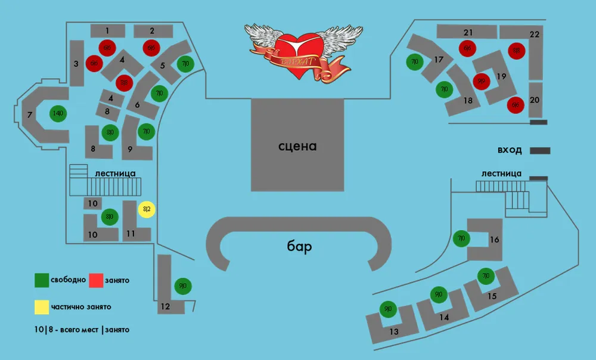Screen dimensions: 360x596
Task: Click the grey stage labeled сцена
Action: pyautogui.click(x=297, y=145)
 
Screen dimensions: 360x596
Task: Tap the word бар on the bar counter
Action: pyautogui.click(x=299, y=247)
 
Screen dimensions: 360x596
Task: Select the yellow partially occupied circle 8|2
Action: pyautogui.click(x=147, y=209)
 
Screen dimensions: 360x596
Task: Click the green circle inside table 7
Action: pyautogui.click(x=58, y=113)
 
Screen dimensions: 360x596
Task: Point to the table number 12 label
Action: pyautogui.click(x=165, y=307)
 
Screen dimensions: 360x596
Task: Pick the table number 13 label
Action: pyautogui.click(x=394, y=331)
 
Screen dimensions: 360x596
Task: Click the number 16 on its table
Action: pyautogui.click(x=494, y=240)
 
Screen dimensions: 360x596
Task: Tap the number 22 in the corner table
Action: pyautogui.click(x=534, y=34)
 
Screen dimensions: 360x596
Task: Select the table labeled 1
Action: pyautogui.click(x=107, y=30)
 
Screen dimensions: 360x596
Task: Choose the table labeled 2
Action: pyautogui.click(x=153, y=30)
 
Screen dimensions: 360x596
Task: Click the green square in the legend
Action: pyautogui.click(x=42, y=280)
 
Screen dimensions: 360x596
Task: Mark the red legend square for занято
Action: pyautogui.click(x=96, y=280)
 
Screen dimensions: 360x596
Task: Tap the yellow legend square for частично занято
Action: pyautogui.click(x=41, y=307)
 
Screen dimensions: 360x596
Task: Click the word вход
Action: pyautogui.click(x=510, y=150)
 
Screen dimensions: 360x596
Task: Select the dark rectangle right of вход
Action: pyautogui.click(x=540, y=151)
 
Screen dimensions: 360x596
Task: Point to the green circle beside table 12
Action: pyautogui.click(x=182, y=286)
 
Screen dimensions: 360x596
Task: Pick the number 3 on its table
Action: pyautogui.click(x=76, y=64)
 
